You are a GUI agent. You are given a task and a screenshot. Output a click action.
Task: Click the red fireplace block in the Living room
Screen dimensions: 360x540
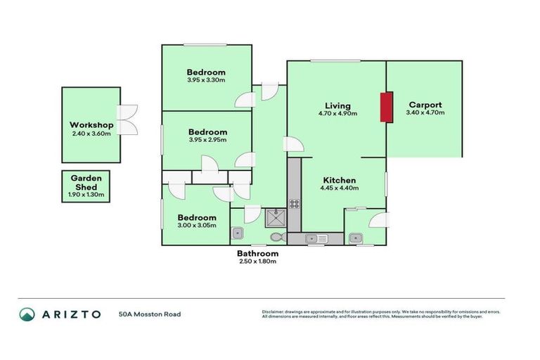tap(385, 107)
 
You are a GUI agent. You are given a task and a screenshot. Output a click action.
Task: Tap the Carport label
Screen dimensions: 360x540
tap(425, 105)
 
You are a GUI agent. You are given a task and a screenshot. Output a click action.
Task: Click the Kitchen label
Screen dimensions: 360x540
tap(339, 180)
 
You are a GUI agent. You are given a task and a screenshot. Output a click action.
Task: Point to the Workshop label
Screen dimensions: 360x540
tap(91, 125)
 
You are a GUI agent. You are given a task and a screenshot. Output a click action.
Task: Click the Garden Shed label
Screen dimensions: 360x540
tap(86, 183)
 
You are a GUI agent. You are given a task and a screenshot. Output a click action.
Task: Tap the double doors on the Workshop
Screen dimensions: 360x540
tap(127, 119)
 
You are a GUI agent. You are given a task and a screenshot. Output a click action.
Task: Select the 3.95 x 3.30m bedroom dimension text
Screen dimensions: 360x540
tap(206, 80)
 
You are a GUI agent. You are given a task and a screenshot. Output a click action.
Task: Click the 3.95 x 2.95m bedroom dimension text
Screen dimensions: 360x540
tap(207, 140)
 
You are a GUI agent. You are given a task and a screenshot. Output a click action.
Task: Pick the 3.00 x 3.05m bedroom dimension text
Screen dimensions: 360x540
tap(196, 226)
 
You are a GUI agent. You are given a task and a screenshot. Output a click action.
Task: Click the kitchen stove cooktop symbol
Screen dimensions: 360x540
tap(294, 205)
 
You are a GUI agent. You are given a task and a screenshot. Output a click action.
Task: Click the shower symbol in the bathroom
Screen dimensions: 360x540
tap(275, 217)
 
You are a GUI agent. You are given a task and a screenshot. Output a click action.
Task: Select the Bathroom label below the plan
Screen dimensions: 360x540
tap(257, 253)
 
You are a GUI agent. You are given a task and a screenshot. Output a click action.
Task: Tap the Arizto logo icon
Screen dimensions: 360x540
tap(27, 314)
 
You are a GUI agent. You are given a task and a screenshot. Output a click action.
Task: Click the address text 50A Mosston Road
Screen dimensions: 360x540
tap(150, 314)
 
